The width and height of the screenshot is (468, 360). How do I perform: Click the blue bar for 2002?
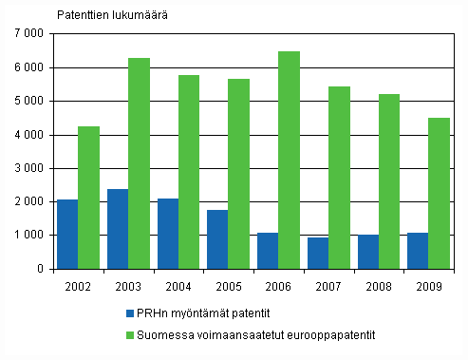point(67,234)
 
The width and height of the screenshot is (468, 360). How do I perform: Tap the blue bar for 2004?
point(167,234)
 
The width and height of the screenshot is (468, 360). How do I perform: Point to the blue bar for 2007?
point(317,253)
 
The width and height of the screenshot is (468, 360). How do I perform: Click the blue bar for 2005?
point(217,239)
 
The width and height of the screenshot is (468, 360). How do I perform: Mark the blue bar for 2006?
point(267,251)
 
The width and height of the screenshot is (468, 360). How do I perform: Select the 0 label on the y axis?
point(41,269)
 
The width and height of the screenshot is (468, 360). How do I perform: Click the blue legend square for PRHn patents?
point(128,312)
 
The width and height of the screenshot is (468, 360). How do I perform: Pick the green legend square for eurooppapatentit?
point(128,334)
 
